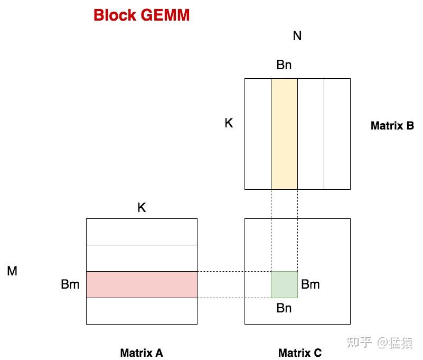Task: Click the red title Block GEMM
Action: click(x=142, y=15)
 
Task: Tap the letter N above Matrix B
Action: click(x=297, y=36)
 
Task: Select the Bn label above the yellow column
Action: click(x=284, y=66)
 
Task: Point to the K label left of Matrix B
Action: click(x=229, y=123)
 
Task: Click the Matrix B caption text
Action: click(x=392, y=126)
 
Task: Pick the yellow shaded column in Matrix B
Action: click(x=284, y=134)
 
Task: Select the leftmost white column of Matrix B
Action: click(x=258, y=134)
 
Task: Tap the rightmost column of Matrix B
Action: click(x=337, y=134)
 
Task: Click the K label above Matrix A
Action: click(x=142, y=208)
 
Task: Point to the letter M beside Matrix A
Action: click(x=12, y=272)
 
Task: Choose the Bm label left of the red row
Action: click(x=70, y=284)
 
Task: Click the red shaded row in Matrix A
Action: click(x=142, y=284)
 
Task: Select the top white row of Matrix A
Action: click(x=142, y=232)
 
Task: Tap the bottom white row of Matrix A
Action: click(x=142, y=311)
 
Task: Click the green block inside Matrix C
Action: click(x=284, y=284)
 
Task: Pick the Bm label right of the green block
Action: click(x=311, y=284)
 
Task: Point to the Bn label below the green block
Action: click(x=284, y=308)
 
